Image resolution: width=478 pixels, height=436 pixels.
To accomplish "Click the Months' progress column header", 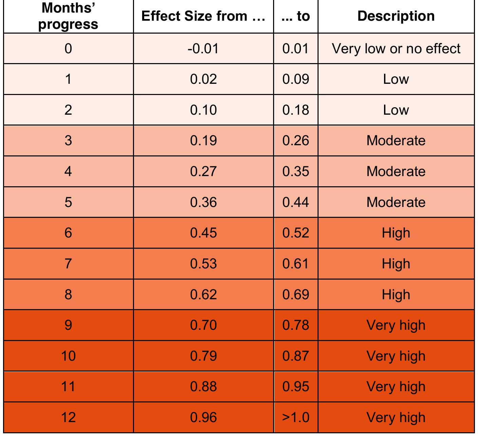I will (x=68, y=17).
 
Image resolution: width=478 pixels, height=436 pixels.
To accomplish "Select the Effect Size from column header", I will (x=203, y=16).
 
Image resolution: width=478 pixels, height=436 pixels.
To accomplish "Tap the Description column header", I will (x=396, y=16).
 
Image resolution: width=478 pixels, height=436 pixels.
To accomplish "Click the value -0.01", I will (x=203, y=49).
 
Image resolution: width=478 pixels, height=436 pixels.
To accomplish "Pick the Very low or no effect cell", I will (x=396, y=49).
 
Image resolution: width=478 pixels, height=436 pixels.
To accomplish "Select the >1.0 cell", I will (x=295, y=417).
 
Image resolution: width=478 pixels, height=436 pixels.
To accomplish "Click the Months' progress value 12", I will (x=68, y=417).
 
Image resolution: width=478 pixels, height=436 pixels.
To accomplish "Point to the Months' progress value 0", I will (x=68, y=49).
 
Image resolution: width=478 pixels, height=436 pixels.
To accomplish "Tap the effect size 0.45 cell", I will (x=203, y=233).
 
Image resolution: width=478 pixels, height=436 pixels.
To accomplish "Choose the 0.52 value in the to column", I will (x=295, y=233).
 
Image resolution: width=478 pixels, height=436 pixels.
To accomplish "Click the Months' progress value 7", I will (x=68, y=264).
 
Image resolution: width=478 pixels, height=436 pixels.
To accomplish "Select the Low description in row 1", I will (x=396, y=79).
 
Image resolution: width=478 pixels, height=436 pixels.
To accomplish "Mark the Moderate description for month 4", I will (x=396, y=171).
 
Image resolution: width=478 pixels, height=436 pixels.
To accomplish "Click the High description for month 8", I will (x=396, y=294).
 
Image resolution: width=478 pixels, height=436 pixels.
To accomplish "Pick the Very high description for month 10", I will (x=396, y=356).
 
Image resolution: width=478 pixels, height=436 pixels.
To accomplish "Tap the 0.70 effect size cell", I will (x=203, y=325).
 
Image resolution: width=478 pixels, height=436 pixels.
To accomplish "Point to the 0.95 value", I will (x=295, y=386).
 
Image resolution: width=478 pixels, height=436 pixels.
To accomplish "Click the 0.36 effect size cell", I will (x=203, y=202).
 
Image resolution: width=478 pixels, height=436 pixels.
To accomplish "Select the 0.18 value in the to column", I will (x=295, y=110).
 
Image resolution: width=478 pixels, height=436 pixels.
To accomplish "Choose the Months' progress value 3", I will (x=68, y=140).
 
